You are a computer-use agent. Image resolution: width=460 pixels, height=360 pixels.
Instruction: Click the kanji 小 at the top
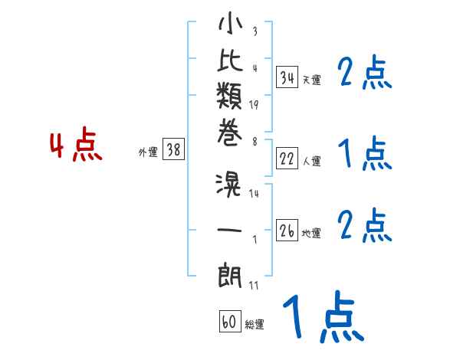pyautogui.click(x=230, y=23)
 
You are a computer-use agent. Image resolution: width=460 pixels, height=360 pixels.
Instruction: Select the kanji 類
pyautogui.click(x=229, y=96)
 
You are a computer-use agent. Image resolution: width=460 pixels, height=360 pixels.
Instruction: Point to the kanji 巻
pyautogui.click(x=230, y=133)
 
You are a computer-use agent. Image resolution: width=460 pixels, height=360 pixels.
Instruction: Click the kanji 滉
pyautogui.click(x=228, y=185)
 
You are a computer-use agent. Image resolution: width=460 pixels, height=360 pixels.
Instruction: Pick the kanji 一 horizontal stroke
pyautogui.click(x=229, y=230)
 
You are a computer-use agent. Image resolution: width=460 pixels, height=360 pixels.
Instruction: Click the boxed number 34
pyautogui.click(x=287, y=77)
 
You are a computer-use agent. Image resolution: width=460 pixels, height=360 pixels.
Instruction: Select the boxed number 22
pyautogui.click(x=287, y=159)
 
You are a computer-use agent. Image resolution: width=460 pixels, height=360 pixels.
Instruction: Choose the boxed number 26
pyautogui.click(x=287, y=230)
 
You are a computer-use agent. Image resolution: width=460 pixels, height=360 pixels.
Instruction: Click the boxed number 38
pyautogui.click(x=173, y=149)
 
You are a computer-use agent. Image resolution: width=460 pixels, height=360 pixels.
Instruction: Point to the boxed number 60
pyautogui.click(x=230, y=321)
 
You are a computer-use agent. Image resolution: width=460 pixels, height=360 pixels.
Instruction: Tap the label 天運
pyautogui.click(x=312, y=80)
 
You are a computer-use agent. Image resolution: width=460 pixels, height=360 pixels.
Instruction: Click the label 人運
pyautogui.click(x=312, y=161)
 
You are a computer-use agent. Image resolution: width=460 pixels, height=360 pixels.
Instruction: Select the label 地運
pyautogui.click(x=311, y=233)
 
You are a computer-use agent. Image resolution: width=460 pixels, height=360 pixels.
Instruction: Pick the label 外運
pyautogui.click(x=148, y=152)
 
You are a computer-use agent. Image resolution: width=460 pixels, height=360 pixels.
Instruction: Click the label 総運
pyautogui.click(x=255, y=324)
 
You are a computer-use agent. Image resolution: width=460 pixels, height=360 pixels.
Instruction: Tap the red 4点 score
pyautogui.click(x=76, y=144)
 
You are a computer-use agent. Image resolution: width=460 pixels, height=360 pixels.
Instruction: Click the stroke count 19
pyautogui.click(x=254, y=105)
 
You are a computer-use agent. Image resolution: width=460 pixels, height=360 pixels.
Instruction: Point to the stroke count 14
pyautogui.click(x=254, y=194)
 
